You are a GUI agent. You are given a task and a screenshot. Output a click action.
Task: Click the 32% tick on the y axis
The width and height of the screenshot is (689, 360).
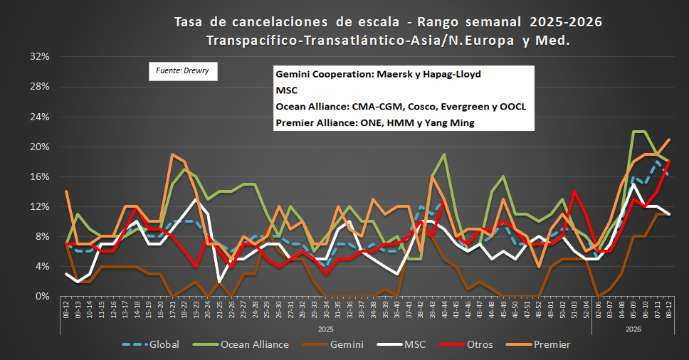click(38, 56)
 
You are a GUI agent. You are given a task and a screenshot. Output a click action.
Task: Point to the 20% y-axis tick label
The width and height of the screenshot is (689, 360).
click(38, 147)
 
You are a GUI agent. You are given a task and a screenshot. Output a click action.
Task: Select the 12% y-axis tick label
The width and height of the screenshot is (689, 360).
click(38, 206)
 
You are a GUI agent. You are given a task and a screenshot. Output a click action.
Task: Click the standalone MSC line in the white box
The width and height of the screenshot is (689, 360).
click(285, 91)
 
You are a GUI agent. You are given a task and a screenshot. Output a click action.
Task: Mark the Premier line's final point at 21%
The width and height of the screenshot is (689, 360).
click(669, 139)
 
